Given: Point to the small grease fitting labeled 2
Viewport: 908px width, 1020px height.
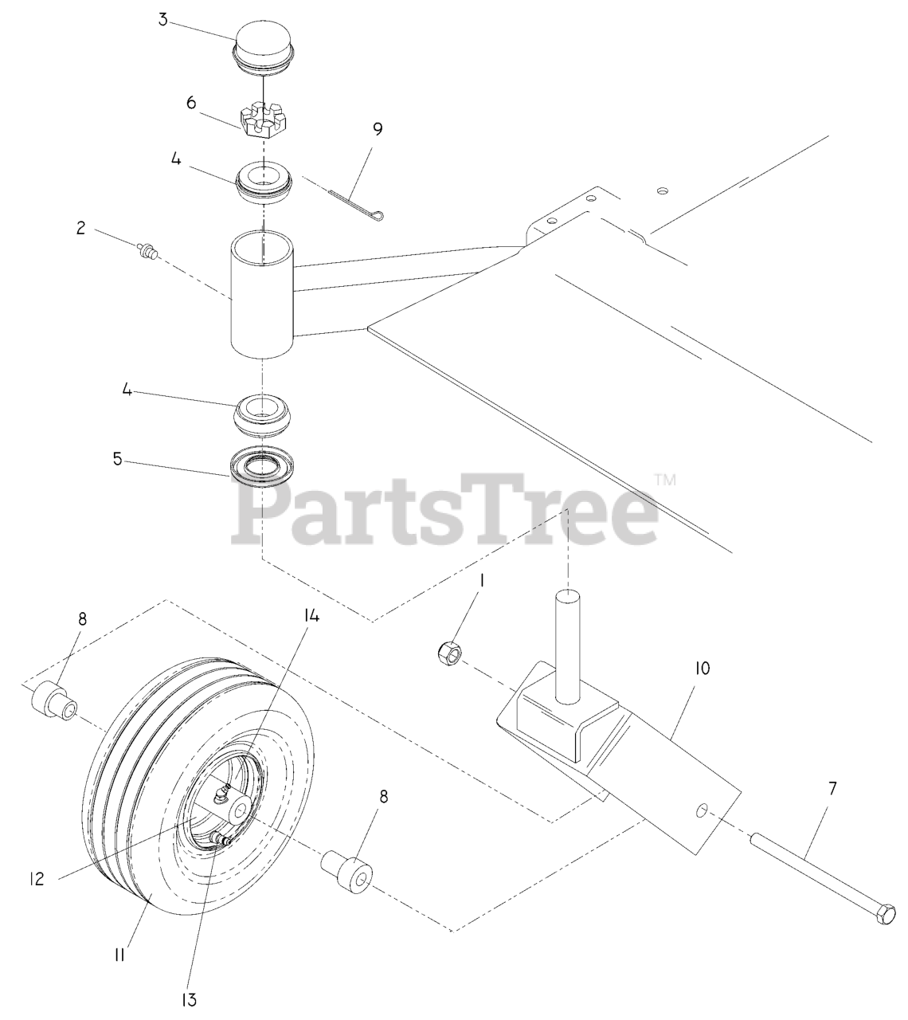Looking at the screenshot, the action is point(147,250).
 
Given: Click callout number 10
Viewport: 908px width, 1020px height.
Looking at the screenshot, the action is point(702,669).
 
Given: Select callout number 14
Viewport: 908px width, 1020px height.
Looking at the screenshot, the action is point(311,616).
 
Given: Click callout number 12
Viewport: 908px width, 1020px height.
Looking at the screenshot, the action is point(36,879).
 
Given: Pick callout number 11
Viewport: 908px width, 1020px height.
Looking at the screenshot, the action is point(119,954).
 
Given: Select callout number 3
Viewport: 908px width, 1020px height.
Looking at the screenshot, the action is point(162,22).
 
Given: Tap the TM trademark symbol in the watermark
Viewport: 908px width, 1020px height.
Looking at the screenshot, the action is point(665,480).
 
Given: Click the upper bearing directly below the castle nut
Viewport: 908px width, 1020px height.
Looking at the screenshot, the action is point(262,182).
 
